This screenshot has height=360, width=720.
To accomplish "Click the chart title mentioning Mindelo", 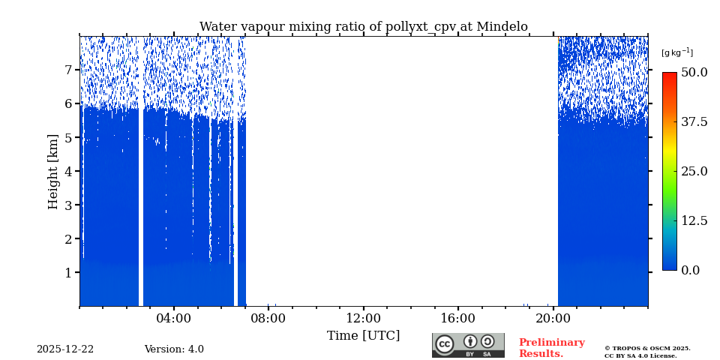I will pos(363,27).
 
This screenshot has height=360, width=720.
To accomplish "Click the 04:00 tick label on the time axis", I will pos(174,318).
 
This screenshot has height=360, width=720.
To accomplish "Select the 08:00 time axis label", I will pos(268,318).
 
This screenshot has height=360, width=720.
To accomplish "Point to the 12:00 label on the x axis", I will pos(363,318).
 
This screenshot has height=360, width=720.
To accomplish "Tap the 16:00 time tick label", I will pos(457,318).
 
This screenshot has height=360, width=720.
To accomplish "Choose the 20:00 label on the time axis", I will pos(553,318).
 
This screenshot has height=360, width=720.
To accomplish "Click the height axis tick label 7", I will pos(67,70).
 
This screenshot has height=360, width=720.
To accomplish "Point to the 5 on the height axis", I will pos(67,137).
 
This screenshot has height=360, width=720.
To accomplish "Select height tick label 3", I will pos(67,205).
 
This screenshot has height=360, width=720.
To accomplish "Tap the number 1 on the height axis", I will pos(67,272).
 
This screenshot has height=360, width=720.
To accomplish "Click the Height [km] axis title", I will pos(53,171).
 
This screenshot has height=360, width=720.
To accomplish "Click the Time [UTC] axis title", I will pos(363,335).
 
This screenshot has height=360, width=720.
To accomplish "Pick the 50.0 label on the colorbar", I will pos(694,73).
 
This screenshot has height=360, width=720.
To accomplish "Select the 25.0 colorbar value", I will pos(694,171).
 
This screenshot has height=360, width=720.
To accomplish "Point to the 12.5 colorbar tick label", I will pos(694,220).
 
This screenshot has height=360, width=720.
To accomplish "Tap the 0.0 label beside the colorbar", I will pos(690,270).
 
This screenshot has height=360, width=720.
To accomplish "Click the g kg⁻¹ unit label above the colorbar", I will pos(676,52).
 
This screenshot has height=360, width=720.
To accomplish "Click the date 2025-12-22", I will pos(65,349).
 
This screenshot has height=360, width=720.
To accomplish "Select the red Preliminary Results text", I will pos(551,348).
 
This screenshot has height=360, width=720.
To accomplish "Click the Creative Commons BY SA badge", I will pos(468,345).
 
